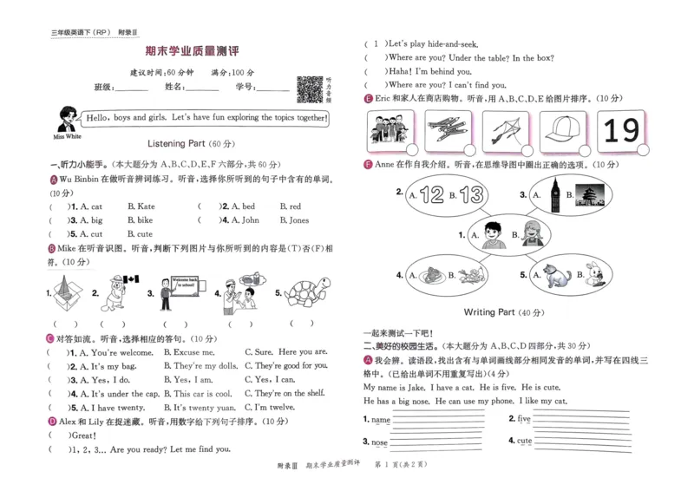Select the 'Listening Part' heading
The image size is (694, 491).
click(179, 143)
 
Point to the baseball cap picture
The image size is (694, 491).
click(561, 131)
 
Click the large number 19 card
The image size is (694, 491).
click(620, 131)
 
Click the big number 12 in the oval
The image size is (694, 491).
click(431, 195)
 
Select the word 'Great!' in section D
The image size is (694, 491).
click(83, 435)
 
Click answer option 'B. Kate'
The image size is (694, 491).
click(141, 206)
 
